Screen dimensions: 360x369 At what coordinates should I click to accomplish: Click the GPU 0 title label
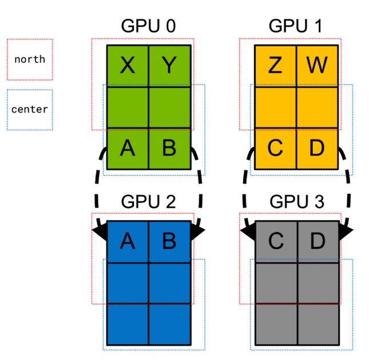[148, 27]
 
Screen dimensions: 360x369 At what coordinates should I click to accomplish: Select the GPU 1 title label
[296, 27]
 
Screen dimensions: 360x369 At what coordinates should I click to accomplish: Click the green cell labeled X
[128, 66]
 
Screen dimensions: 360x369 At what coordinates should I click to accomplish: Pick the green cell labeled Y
[169, 66]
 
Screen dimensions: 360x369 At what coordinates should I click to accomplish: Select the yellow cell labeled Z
[275, 66]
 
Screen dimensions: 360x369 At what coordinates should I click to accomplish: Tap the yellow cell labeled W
[317, 66]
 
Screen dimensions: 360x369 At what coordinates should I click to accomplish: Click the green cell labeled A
[128, 149]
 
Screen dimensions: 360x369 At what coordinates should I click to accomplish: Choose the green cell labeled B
[169, 149]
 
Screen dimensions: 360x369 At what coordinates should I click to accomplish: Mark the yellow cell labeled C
[275, 149]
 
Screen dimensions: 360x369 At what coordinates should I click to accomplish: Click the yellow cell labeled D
[317, 149]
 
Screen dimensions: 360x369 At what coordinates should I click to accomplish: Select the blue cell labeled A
[128, 242]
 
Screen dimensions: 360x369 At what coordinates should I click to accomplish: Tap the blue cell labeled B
[169, 242]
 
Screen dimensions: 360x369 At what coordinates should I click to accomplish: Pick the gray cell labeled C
[275, 242]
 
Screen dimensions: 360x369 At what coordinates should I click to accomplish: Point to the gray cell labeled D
[317, 242]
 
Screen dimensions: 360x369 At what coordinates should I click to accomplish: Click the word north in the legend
[30, 59]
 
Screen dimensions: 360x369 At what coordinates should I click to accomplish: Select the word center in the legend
[30, 109]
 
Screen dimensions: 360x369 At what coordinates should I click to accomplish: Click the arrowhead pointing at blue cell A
[100, 231]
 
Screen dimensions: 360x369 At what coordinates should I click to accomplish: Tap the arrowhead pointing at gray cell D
[346, 230]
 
